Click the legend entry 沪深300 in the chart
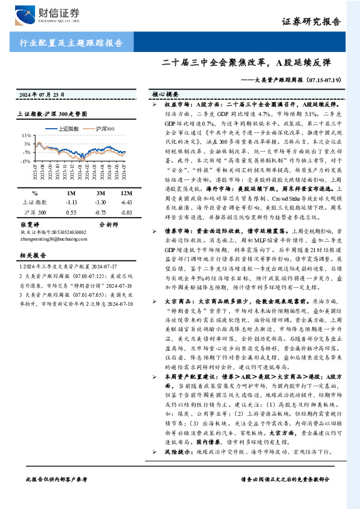coord(106,128)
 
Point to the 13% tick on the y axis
coord(26,135)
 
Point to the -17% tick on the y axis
coord(25,161)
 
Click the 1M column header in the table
coord(72,192)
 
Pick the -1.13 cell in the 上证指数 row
coord(72,203)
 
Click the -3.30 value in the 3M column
coord(100,203)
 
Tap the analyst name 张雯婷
coord(31,224)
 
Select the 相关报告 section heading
coord(30,255)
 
